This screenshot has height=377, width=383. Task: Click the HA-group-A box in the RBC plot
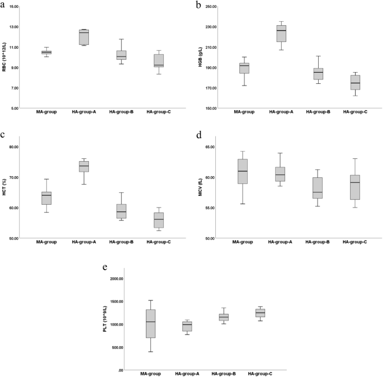[84, 37]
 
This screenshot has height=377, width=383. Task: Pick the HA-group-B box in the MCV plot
[317, 188]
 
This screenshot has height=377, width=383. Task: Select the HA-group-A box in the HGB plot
[281, 34]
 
